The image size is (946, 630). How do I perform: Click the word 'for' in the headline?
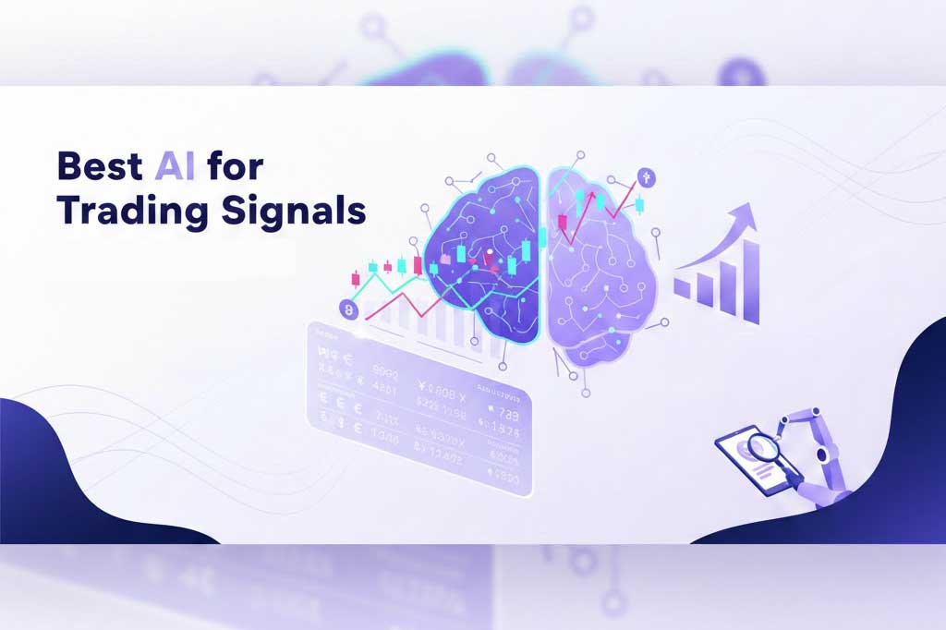point(236,167)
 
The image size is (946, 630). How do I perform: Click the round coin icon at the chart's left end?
point(348,309)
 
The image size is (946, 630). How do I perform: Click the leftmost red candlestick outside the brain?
point(355,277)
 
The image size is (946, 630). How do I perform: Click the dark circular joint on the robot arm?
point(826,456)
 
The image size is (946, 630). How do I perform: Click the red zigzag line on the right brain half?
point(591,217)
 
